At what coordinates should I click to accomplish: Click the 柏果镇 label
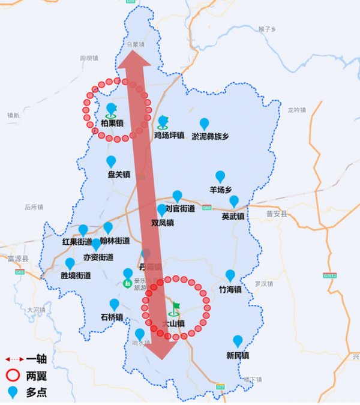click(x=112, y=124)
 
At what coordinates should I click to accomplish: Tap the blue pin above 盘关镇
click(x=111, y=161)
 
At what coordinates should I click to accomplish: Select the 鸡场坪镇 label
click(x=169, y=136)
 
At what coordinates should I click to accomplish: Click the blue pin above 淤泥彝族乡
click(x=204, y=124)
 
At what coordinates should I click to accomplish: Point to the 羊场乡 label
click(x=220, y=190)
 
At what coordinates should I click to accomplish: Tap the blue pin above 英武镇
click(x=233, y=201)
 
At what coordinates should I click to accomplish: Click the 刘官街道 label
click(x=180, y=209)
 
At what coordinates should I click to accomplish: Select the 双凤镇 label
click(x=163, y=223)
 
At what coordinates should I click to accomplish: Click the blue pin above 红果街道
click(x=83, y=230)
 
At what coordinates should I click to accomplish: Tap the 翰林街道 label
click(x=115, y=241)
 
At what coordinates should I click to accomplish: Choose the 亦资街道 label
click(x=98, y=257)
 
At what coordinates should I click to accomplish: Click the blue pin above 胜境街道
click(x=70, y=263)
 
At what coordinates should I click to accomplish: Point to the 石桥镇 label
click(x=112, y=317)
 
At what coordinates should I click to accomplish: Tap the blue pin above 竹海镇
click(x=230, y=275)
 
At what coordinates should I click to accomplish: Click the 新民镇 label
click(x=238, y=355)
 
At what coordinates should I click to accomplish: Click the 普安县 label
click(x=277, y=214)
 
